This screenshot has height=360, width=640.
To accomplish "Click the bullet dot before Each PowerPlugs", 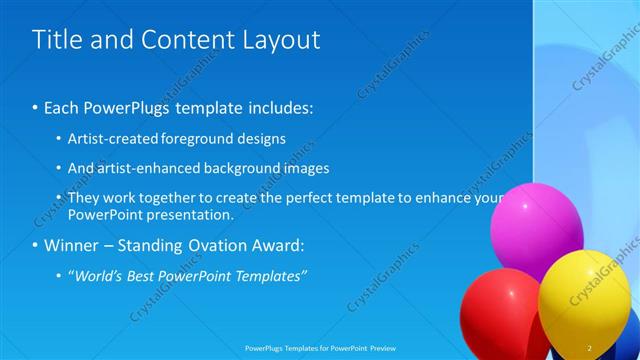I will pos(36,106).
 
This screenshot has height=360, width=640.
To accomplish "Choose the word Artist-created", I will pos(108,139).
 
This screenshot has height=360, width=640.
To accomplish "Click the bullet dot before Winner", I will pos(36,245).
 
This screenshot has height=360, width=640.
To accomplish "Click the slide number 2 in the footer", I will pos(589,348).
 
